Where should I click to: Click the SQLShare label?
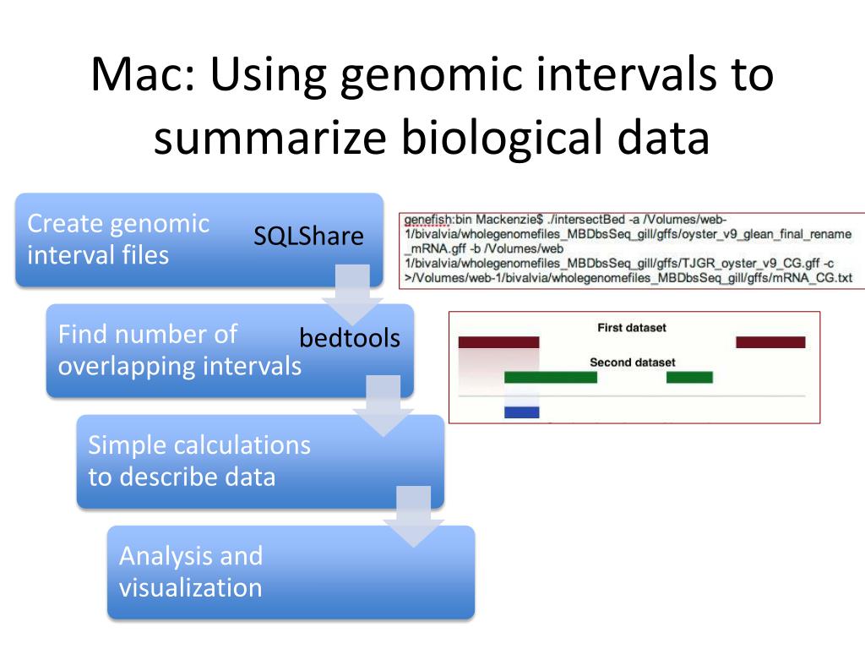[x=308, y=237]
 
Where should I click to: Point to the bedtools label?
[x=350, y=338]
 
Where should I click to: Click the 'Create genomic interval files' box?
[x=118, y=239]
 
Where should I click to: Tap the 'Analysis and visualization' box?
[x=253, y=571]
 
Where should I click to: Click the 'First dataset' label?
[x=631, y=327]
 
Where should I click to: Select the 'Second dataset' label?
[x=632, y=363]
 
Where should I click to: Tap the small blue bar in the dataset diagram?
[x=521, y=412]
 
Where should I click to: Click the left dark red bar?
[x=498, y=342]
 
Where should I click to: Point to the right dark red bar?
[x=770, y=342]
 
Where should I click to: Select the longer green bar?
[x=551, y=377]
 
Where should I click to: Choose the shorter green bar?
[x=689, y=377]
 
